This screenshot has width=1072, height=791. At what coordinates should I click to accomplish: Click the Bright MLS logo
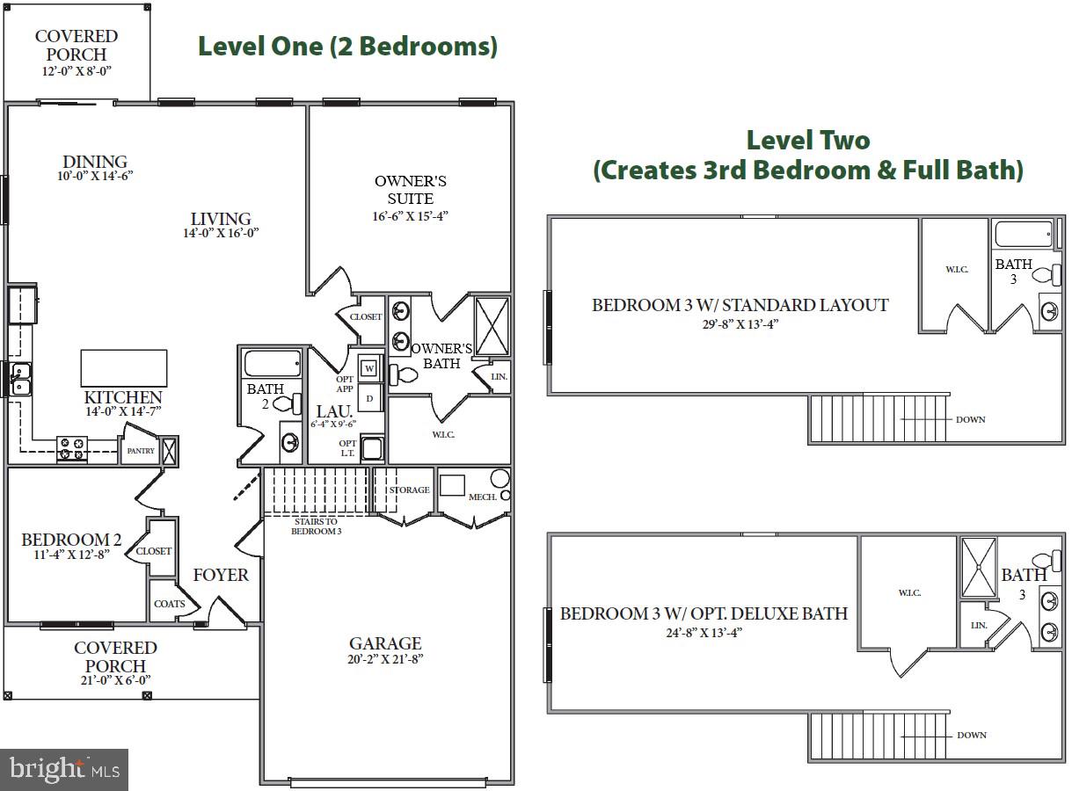[64, 769]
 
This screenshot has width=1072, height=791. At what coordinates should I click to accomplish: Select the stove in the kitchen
[70, 448]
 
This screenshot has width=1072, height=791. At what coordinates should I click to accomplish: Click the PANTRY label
[141, 451]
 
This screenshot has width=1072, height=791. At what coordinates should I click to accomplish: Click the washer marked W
[370, 367]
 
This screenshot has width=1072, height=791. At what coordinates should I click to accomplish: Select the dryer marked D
[370, 398]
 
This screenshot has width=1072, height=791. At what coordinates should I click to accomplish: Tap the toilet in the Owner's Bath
[405, 375]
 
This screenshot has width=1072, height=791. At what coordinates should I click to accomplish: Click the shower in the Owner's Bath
[492, 326]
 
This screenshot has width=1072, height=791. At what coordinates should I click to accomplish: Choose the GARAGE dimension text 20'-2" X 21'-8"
[386, 659]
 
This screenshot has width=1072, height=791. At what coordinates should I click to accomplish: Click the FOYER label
[221, 575]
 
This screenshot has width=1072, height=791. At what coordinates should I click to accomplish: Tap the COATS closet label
[170, 604]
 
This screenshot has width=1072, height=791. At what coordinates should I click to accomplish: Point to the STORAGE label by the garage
[410, 490]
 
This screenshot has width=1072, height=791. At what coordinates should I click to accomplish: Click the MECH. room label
[483, 497]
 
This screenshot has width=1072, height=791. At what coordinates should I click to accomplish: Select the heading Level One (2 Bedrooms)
[347, 46]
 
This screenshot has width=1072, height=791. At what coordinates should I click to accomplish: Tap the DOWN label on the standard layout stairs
[971, 419]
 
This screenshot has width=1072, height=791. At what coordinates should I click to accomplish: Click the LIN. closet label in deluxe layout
[979, 625]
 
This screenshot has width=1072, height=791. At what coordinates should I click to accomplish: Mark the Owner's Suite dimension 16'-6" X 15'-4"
[411, 215]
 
